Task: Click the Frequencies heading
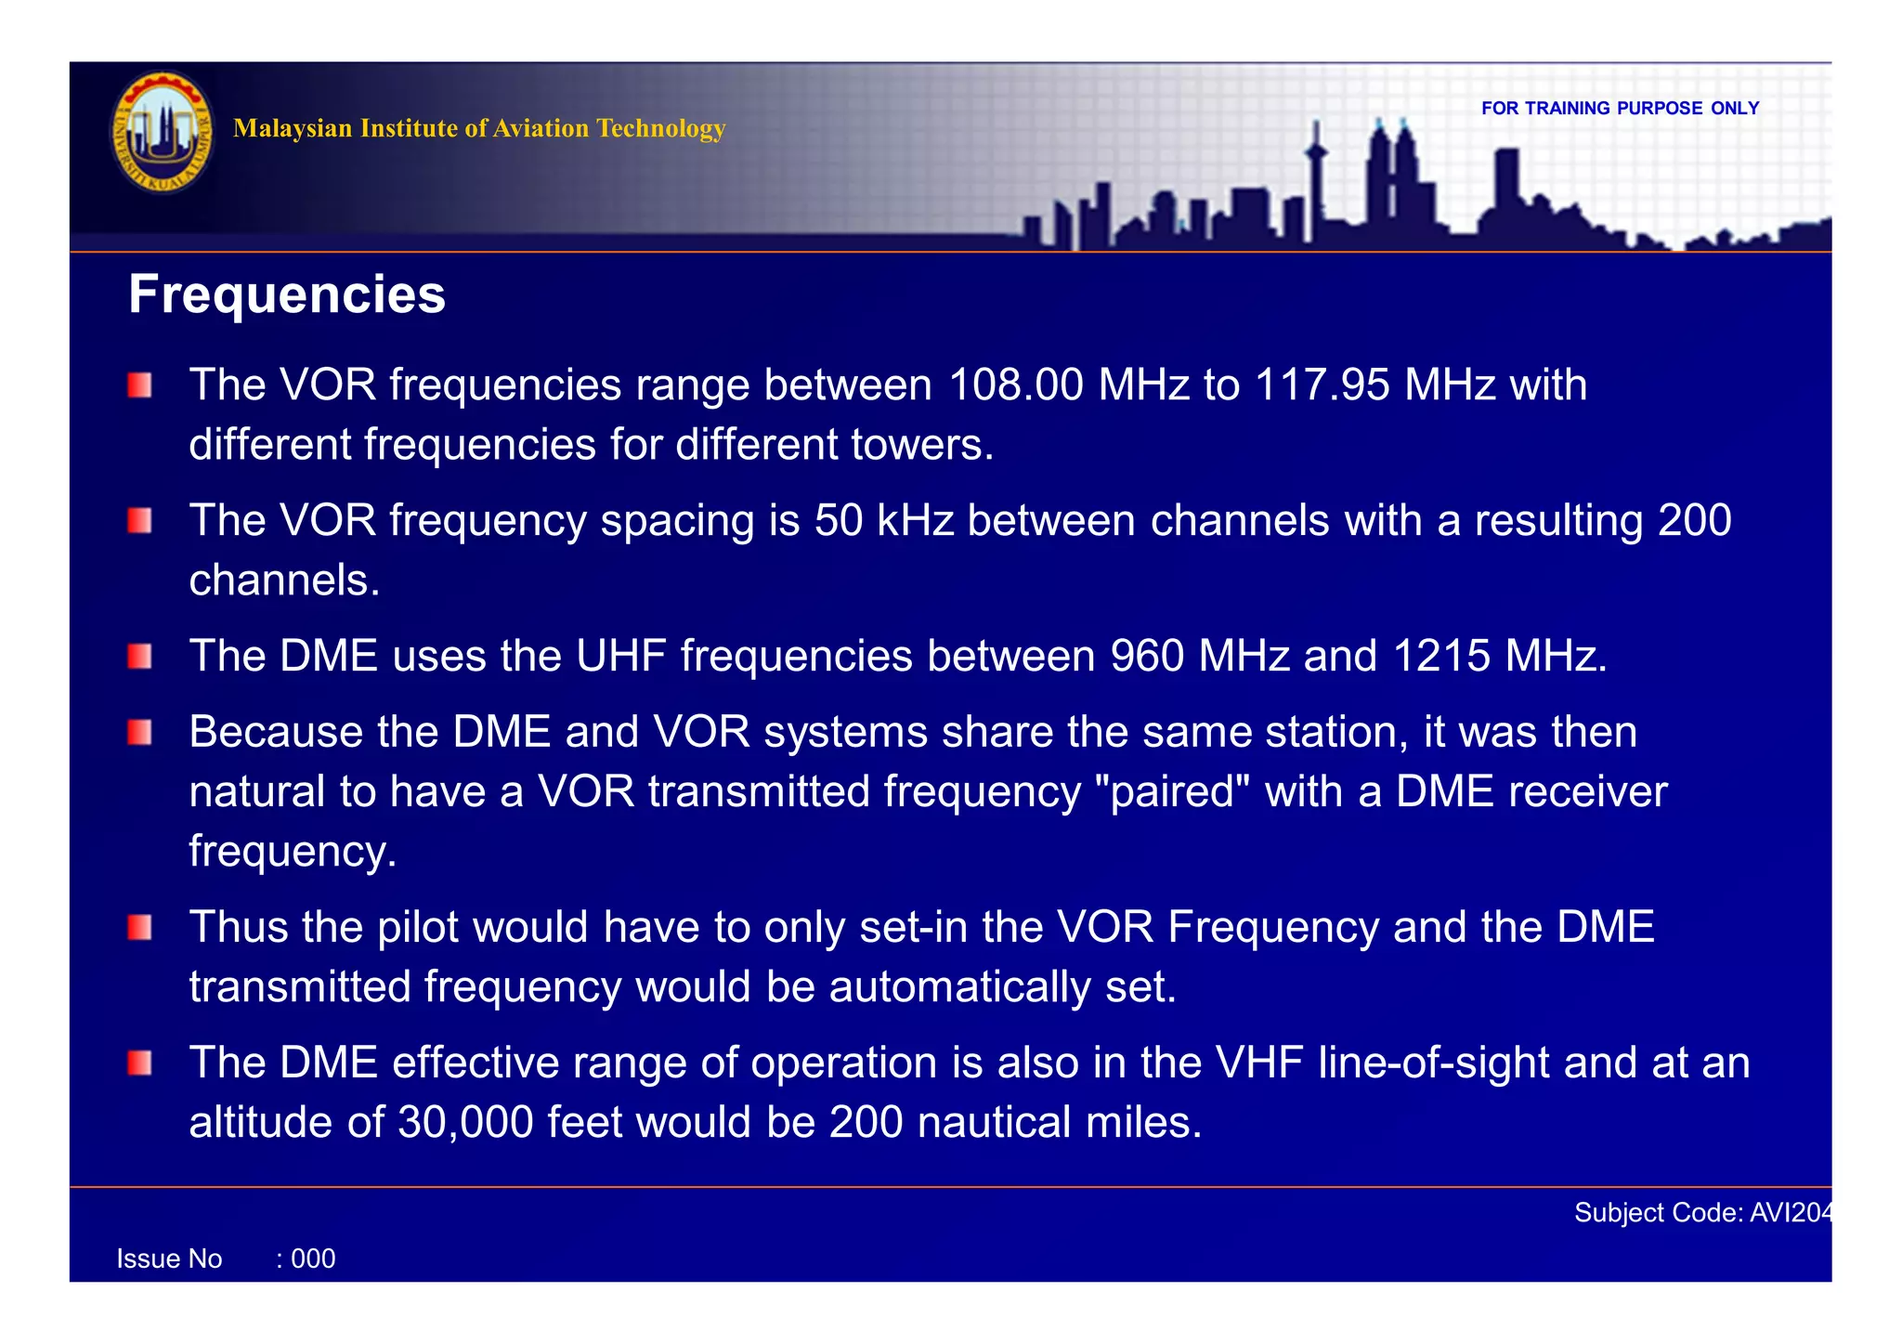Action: tap(286, 295)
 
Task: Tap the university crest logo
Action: tap(162, 133)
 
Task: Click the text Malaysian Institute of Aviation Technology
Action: tap(478, 128)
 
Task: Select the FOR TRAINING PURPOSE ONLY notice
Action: tap(1620, 108)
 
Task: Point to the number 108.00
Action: tap(1016, 385)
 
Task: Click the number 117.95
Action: tap(1322, 385)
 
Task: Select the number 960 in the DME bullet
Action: tap(1147, 657)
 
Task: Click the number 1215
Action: tap(1441, 657)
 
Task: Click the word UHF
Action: tap(620, 657)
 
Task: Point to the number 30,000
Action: tap(464, 1123)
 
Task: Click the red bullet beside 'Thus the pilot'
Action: tap(140, 927)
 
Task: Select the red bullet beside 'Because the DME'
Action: tap(140, 733)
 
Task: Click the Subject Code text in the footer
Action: tap(1701, 1213)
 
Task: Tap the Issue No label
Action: tap(169, 1259)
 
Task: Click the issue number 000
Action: tap(313, 1259)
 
